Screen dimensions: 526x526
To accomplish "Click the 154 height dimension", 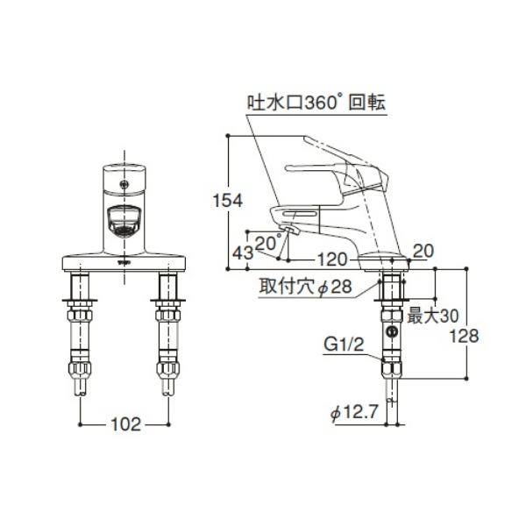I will point(229,201).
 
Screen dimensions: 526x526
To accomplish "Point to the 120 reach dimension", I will point(331,259).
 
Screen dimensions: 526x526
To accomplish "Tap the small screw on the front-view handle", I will point(125,184).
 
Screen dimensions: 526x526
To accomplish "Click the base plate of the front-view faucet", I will point(125,260).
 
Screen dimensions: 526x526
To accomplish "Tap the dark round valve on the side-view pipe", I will point(391,333).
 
